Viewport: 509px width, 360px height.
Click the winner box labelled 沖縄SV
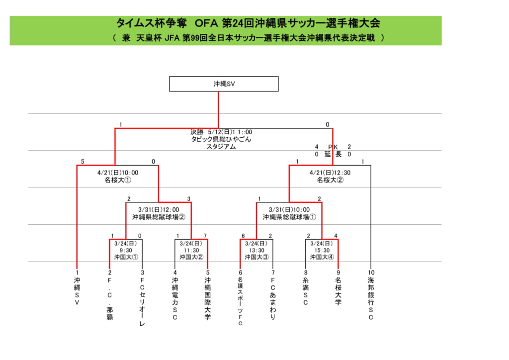pos(224,84)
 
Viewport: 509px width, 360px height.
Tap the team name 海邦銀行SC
pos(371,298)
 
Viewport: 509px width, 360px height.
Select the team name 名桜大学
pos(338,291)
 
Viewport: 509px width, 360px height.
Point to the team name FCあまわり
pos(273,299)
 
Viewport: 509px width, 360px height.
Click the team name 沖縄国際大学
pos(207,298)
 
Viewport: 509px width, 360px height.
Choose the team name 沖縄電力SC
pos(175,298)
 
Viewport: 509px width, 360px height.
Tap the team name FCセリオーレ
pos(142,302)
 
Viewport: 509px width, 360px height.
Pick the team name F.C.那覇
pos(110,299)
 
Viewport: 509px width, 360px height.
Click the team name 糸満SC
pos(306,291)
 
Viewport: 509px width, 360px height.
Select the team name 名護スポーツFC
pos(240,301)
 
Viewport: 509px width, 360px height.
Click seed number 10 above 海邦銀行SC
pos(371,272)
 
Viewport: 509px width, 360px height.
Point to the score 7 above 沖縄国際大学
pos(205,236)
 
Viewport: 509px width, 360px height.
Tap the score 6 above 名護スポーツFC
pos(243,236)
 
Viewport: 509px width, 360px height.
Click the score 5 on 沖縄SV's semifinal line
pos(83,161)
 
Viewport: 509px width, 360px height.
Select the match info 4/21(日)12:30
pos(330,173)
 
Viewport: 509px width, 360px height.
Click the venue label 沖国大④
pos(322,257)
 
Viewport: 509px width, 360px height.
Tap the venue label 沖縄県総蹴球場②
pos(159,217)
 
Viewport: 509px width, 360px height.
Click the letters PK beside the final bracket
pos(333,147)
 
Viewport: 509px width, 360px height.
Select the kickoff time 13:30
pos(256,250)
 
